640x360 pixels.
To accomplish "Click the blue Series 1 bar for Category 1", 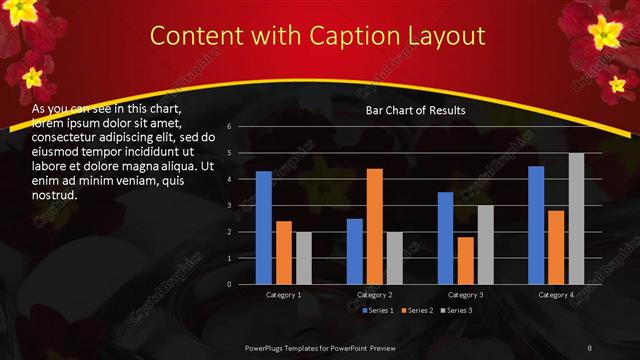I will (x=264, y=228).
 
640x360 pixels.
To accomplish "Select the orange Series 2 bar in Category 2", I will (x=374, y=226).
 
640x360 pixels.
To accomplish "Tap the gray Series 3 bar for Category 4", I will (x=577, y=219).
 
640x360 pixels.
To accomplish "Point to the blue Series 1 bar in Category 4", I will (x=536, y=225).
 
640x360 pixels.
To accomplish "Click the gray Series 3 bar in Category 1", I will (x=304, y=258).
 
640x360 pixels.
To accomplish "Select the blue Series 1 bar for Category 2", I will (x=354, y=251).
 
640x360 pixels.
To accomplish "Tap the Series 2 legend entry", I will (x=418, y=310).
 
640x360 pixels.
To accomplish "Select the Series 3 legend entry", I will (x=456, y=310).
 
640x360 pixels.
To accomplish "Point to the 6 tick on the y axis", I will (x=229, y=127).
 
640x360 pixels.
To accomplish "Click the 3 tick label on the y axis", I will (x=229, y=206).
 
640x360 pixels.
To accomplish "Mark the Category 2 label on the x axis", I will (x=375, y=295).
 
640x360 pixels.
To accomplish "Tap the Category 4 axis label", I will (x=556, y=295).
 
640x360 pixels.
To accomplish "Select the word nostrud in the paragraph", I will (x=56, y=195).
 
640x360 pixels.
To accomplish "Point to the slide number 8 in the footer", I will (x=590, y=346).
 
